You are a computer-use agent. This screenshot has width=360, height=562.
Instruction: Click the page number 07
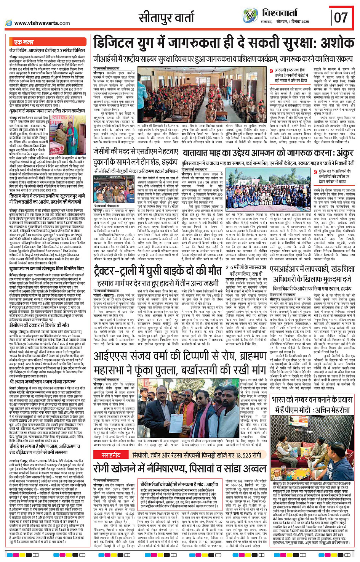[x=341, y=17]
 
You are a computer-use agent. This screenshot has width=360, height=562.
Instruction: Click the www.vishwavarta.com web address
[x=42, y=23]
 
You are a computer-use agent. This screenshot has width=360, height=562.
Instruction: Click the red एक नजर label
[x=24, y=42]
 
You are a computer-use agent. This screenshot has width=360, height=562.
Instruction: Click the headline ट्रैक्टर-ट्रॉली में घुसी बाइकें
[x=157, y=271]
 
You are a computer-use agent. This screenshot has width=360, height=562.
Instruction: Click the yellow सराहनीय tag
[x=111, y=455]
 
